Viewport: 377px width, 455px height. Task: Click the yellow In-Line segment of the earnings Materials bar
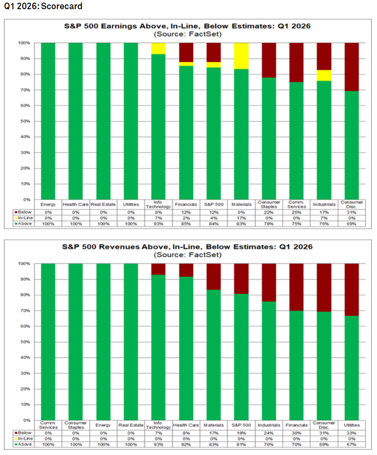click(x=241, y=56)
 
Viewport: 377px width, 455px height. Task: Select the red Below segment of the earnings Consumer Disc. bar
click(x=352, y=67)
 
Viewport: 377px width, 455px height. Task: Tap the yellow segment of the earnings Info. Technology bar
click(x=159, y=49)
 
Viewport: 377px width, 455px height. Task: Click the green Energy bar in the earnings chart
click(x=48, y=121)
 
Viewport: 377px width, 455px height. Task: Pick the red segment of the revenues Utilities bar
click(x=352, y=289)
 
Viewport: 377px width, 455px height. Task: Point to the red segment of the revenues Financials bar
click(x=296, y=287)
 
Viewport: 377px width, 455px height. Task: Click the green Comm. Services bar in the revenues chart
click(x=48, y=342)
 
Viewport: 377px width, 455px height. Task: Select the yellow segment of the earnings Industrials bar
click(x=324, y=75)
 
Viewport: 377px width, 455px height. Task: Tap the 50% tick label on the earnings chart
click(x=25, y=121)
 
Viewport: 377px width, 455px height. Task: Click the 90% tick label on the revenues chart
click(x=25, y=279)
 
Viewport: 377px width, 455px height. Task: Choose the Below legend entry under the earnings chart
click(x=23, y=212)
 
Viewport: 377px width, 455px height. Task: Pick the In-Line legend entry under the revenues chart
click(x=24, y=438)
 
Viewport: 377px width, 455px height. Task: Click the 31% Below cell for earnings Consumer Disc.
click(x=352, y=212)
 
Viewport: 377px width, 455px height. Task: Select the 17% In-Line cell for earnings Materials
click(x=241, y=218)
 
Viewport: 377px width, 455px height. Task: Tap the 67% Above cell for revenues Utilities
click(x=352, y=444)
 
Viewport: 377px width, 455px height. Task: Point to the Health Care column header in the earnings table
click(x=75, y=205)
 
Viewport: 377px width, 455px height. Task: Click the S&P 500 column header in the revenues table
click(x=241, y=425)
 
